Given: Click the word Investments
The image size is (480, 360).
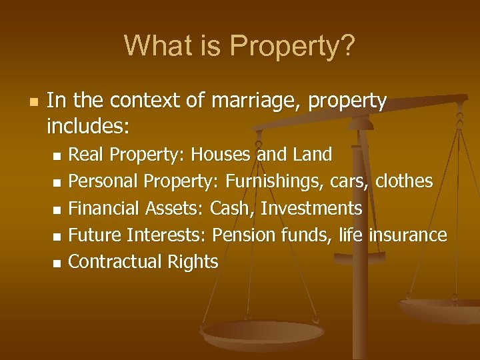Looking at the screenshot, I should coord(311,209).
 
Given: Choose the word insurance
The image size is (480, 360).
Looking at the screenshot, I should coord(408,235).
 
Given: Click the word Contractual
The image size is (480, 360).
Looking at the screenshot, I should coord(116,262).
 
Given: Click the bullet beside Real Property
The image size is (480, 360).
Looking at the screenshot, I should coord(56,156).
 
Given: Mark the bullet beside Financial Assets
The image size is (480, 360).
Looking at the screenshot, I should coord(56,209).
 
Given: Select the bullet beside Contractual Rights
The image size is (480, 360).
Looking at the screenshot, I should coord(56,263).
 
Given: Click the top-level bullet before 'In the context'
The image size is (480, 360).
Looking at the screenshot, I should coord(32,103).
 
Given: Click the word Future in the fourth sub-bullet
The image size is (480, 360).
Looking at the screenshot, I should coord(95,235).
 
